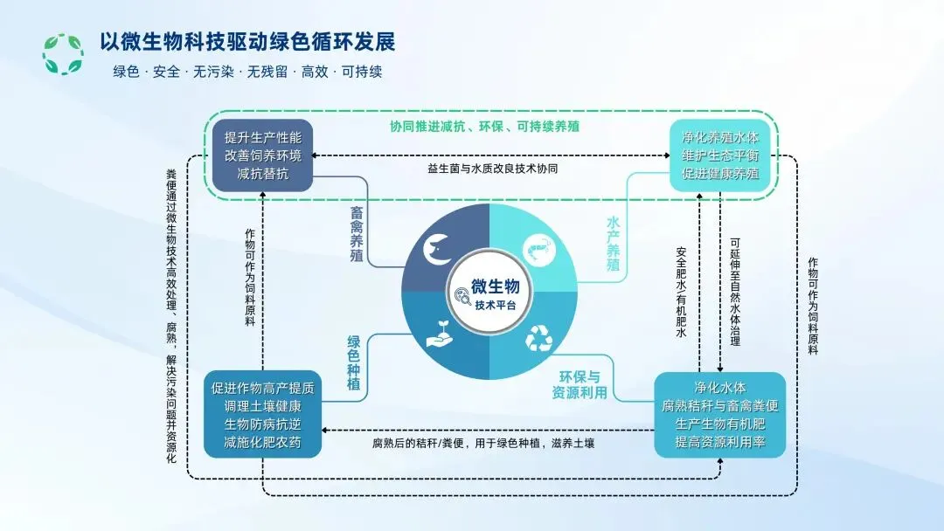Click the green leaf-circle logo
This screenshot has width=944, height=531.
click(63, 53)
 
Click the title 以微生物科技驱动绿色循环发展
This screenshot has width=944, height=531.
click(246, 44)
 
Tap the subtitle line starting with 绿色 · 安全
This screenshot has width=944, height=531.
click(247, 72)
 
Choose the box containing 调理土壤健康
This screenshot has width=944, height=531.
click(262, 414)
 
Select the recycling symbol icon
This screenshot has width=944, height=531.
click(538, 337)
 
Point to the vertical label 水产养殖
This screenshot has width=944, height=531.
click(613, 245)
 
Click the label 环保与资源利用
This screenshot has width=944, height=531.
click(583, 385)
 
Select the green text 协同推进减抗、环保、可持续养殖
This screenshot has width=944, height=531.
click(486, 126)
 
